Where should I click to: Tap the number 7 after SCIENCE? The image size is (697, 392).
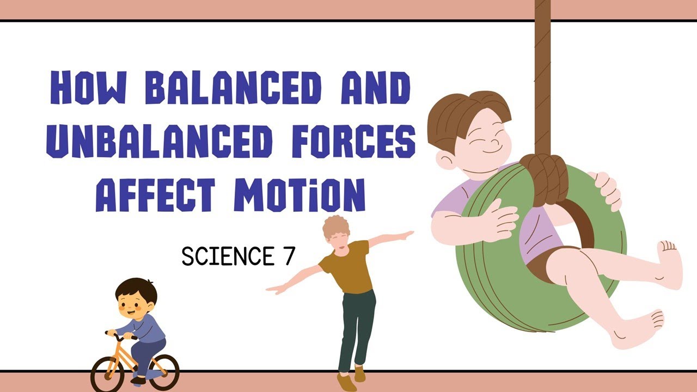[288, 256]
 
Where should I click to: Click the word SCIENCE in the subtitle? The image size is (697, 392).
[228, 256]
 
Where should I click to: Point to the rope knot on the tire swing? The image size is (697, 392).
[545, 177]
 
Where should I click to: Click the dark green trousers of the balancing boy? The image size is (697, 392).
[357, 327]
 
